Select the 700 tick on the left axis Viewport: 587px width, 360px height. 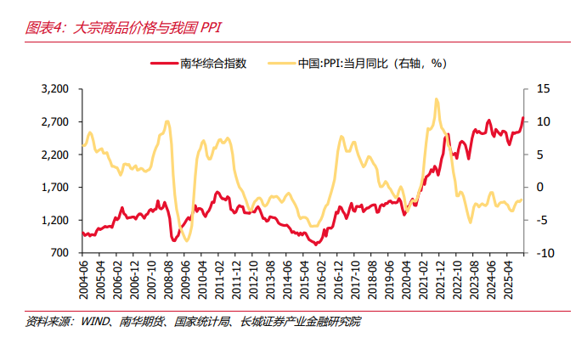[x=60, y=253]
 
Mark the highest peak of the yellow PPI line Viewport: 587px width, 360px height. [x=436, y=99]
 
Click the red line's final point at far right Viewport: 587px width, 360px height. [x=523, y=118]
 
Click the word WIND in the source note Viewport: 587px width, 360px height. [x=98, y=322]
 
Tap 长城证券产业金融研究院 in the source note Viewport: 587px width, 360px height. [x=302, y=322]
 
